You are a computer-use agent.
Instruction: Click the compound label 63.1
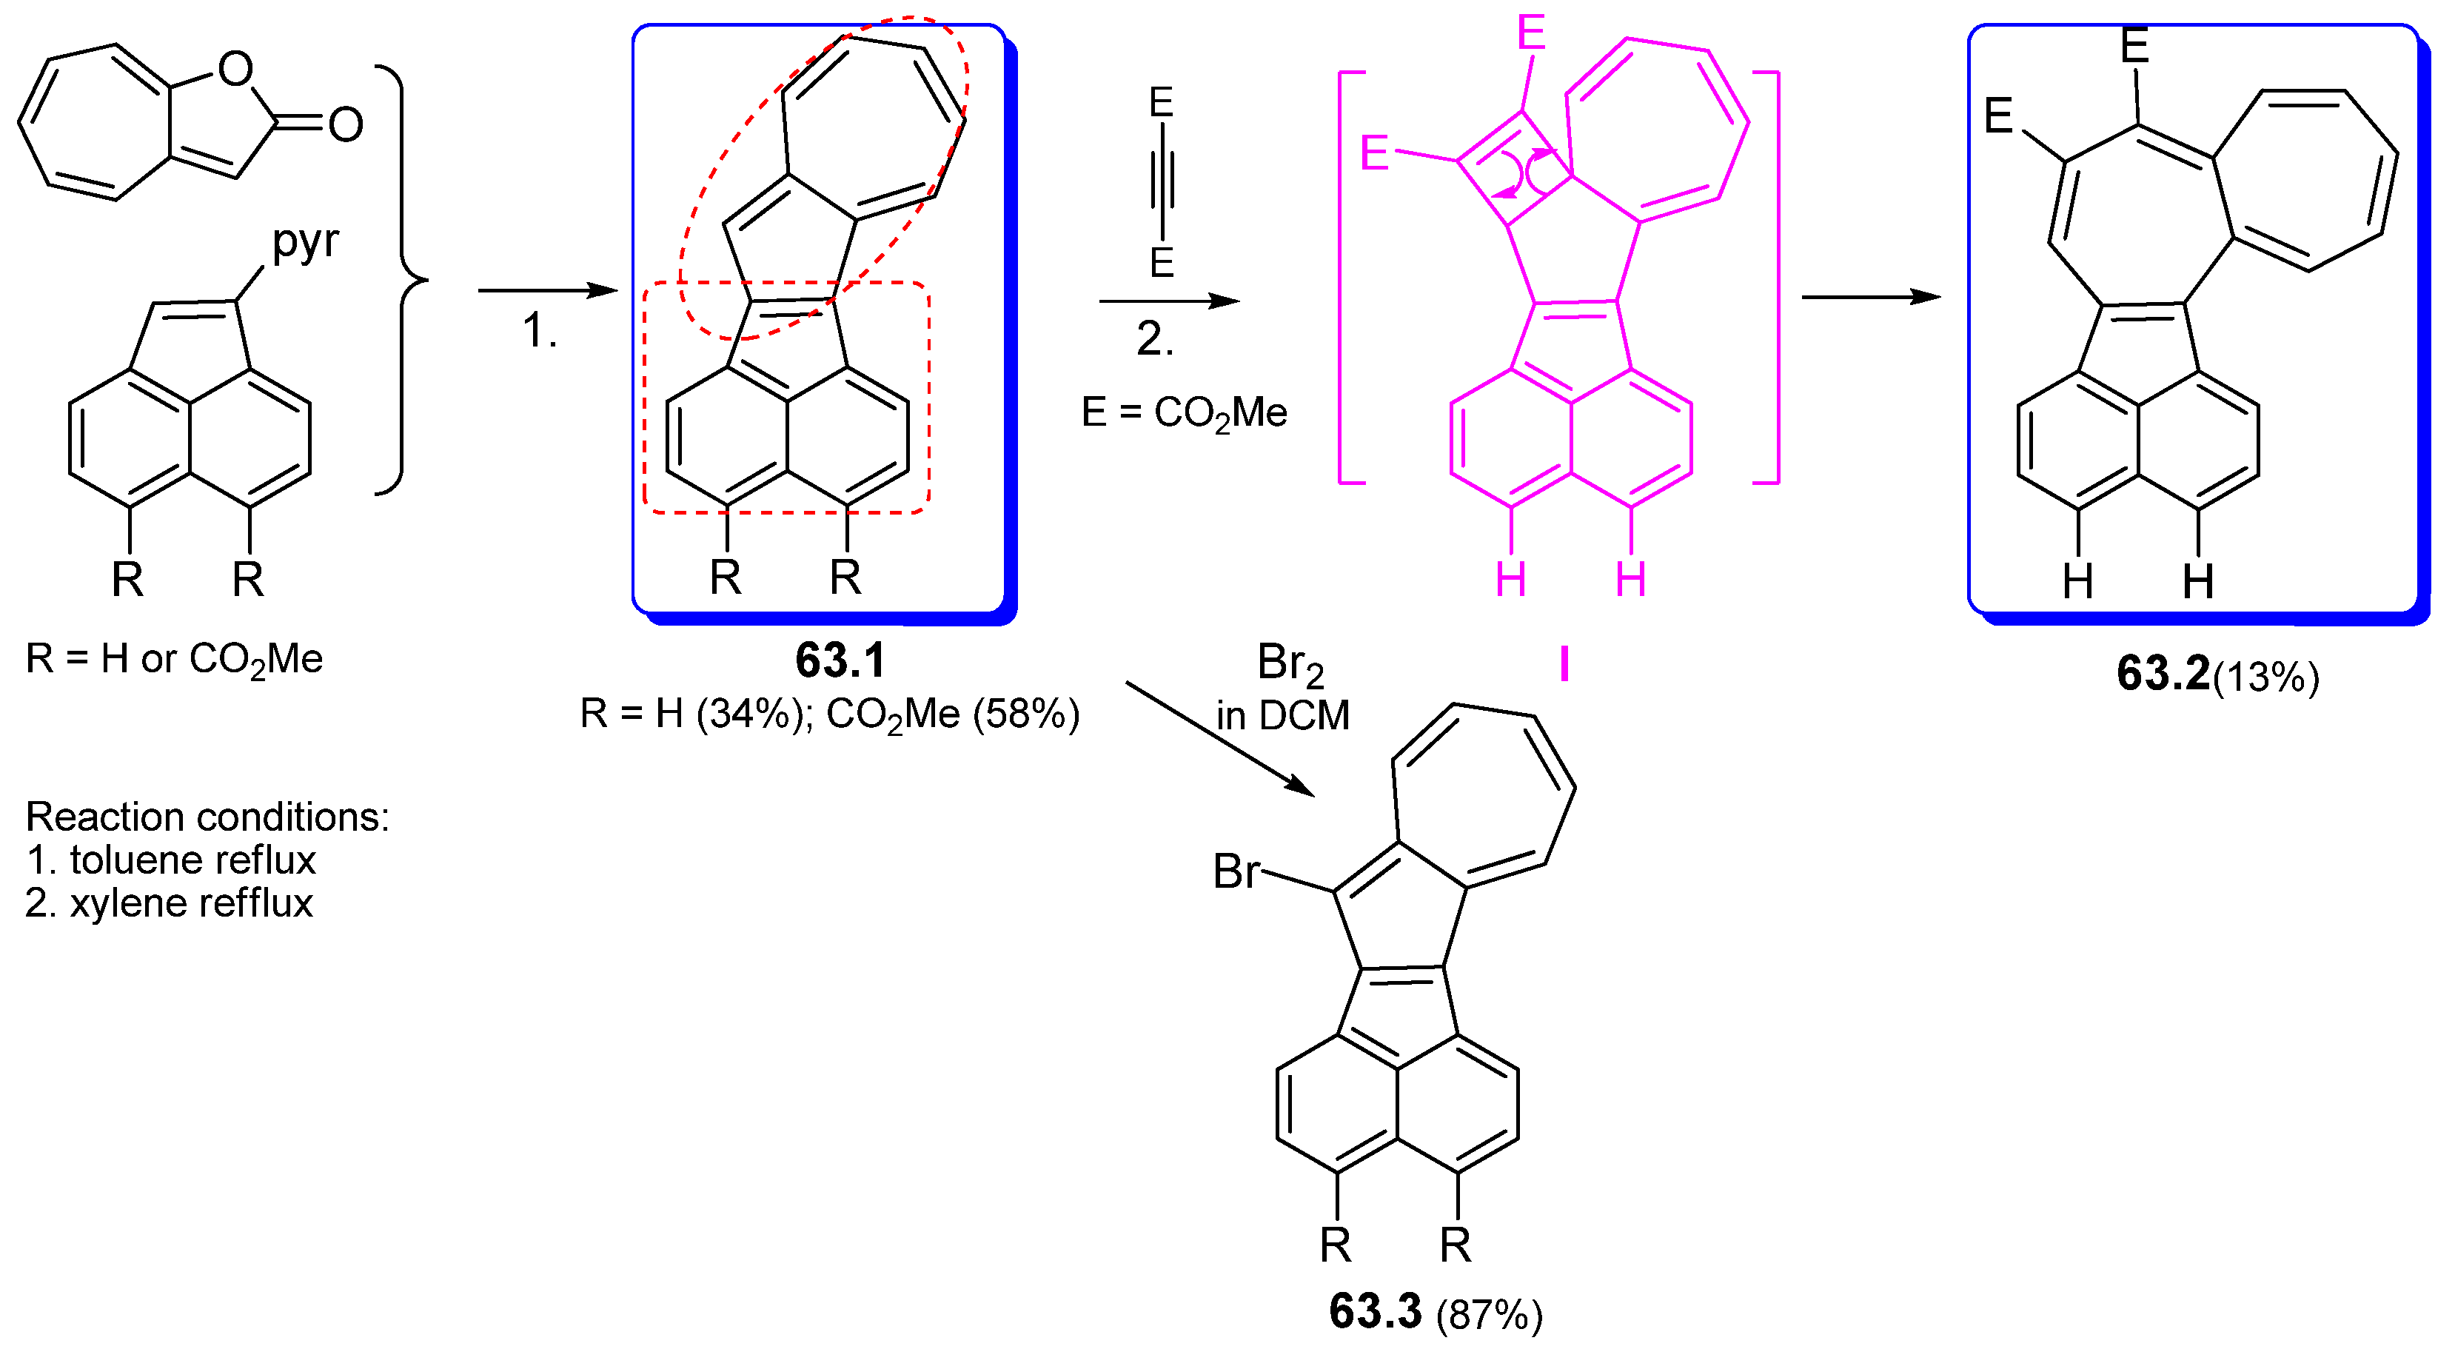840,660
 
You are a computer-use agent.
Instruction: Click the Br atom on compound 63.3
1236,871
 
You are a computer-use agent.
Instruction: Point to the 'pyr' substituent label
305,242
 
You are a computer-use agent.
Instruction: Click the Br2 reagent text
1290,663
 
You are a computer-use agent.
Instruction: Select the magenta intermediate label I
1564,664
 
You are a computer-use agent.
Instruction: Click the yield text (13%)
2265,677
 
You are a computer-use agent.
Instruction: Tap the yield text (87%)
1489,1315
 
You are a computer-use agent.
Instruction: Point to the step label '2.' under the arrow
1154,339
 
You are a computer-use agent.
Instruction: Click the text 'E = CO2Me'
1184,414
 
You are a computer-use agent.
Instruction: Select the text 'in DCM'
1283,715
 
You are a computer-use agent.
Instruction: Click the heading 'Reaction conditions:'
207,817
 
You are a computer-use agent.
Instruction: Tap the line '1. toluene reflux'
170,860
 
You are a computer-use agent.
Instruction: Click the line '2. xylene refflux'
169,903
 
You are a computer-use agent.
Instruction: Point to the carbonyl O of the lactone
346,125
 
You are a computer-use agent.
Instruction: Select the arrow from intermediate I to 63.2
1870,298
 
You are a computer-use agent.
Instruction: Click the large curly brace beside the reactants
405,281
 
